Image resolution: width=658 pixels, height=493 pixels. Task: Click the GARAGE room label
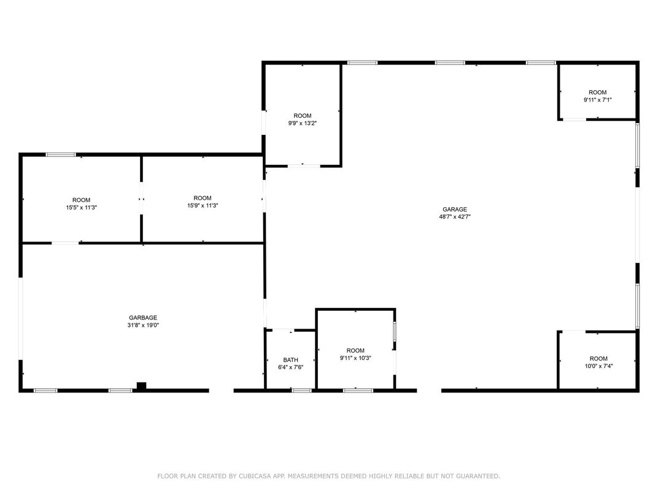click(455, 209)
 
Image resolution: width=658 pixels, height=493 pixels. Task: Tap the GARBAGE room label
click(143, 318)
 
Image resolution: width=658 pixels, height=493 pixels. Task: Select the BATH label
click(290, 360)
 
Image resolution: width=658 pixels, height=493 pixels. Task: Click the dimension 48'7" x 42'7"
click(455, 216)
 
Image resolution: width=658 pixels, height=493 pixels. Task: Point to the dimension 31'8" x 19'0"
click(143, 325)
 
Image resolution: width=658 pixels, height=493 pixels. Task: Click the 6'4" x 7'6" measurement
click(290, 367)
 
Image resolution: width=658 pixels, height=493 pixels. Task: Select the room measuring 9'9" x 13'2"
click(302, 120)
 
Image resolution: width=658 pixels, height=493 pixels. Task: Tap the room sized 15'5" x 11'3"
click(81, 204)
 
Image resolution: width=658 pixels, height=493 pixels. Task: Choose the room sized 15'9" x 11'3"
click(203, 202)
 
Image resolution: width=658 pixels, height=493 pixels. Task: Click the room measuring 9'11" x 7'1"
click(598, 96)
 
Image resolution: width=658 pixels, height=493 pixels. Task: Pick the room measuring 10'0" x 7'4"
click(598, 362)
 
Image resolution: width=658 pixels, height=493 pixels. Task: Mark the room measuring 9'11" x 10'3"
click(355, 354)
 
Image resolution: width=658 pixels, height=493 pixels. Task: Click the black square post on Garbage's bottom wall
click(141, 386)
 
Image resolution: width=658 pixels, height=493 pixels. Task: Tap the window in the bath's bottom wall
click(301, 390)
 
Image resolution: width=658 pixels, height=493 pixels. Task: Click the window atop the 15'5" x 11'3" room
click(61, 155)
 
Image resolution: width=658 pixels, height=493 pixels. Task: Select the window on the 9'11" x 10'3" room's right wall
click(395, 331)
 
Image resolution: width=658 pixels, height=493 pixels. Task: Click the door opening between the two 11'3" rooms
click(142, 199)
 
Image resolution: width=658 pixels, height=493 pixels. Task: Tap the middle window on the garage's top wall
click(450, 63)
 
